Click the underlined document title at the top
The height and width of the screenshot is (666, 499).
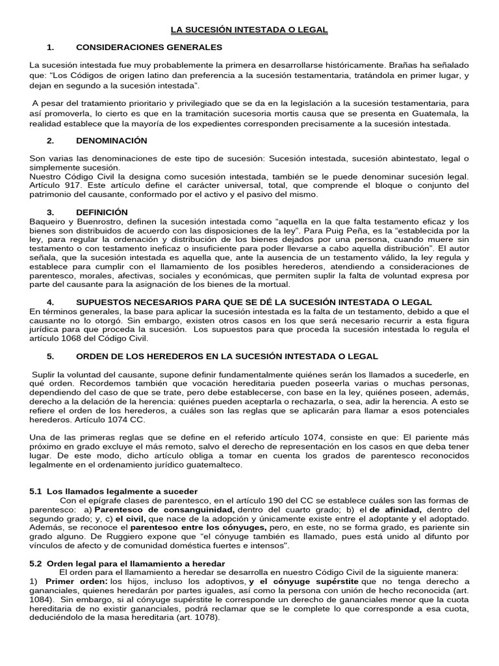coord(249,30)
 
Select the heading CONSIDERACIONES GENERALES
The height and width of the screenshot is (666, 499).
coord(149,47)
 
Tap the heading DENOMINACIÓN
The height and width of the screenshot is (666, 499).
coord(111,140)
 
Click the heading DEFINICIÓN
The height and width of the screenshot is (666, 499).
coord(102,212)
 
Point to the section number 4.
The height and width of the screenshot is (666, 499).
coord(51,302)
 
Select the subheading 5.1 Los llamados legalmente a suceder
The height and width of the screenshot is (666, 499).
coord(114,490)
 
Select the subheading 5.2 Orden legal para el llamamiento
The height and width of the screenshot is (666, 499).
coord(127,563)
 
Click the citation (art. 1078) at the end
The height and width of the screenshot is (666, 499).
coord(198,617)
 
